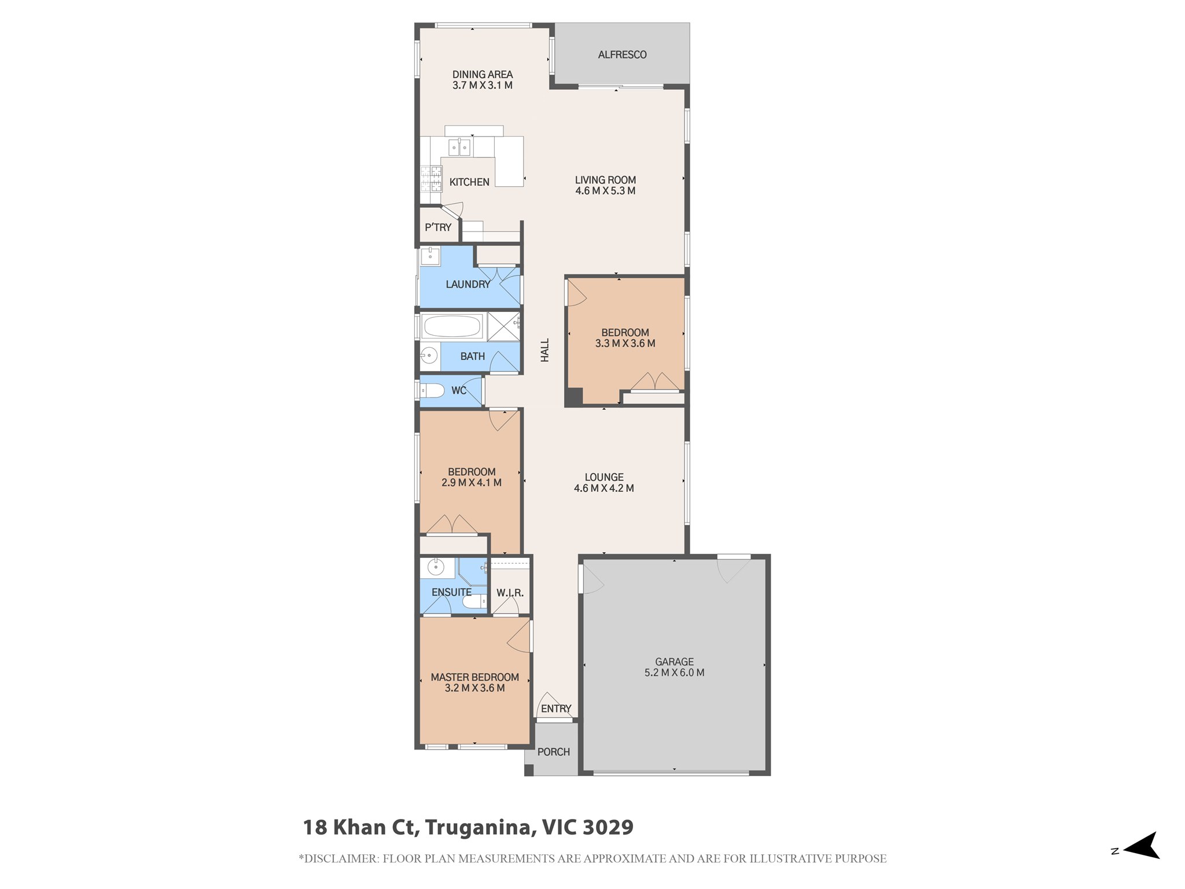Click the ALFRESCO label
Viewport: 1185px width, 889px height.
622,54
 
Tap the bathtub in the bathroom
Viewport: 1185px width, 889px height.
452,326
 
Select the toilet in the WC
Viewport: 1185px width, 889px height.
430,390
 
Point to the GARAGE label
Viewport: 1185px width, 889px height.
674,662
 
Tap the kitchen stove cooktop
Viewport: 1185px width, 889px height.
430,178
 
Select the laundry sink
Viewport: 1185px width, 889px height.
430,256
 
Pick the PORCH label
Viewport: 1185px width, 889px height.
554,752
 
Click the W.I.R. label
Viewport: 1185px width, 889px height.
510,593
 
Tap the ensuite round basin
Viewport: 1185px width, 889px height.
435,567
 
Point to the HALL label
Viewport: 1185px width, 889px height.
544,351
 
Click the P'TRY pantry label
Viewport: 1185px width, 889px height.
438,227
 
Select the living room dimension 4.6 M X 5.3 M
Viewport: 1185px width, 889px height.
605,191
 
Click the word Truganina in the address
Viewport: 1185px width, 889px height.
479,828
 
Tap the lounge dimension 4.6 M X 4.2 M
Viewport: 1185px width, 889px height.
604,488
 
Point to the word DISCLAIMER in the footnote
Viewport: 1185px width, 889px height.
341,859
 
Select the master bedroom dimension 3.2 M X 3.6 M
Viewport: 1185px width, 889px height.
475,688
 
